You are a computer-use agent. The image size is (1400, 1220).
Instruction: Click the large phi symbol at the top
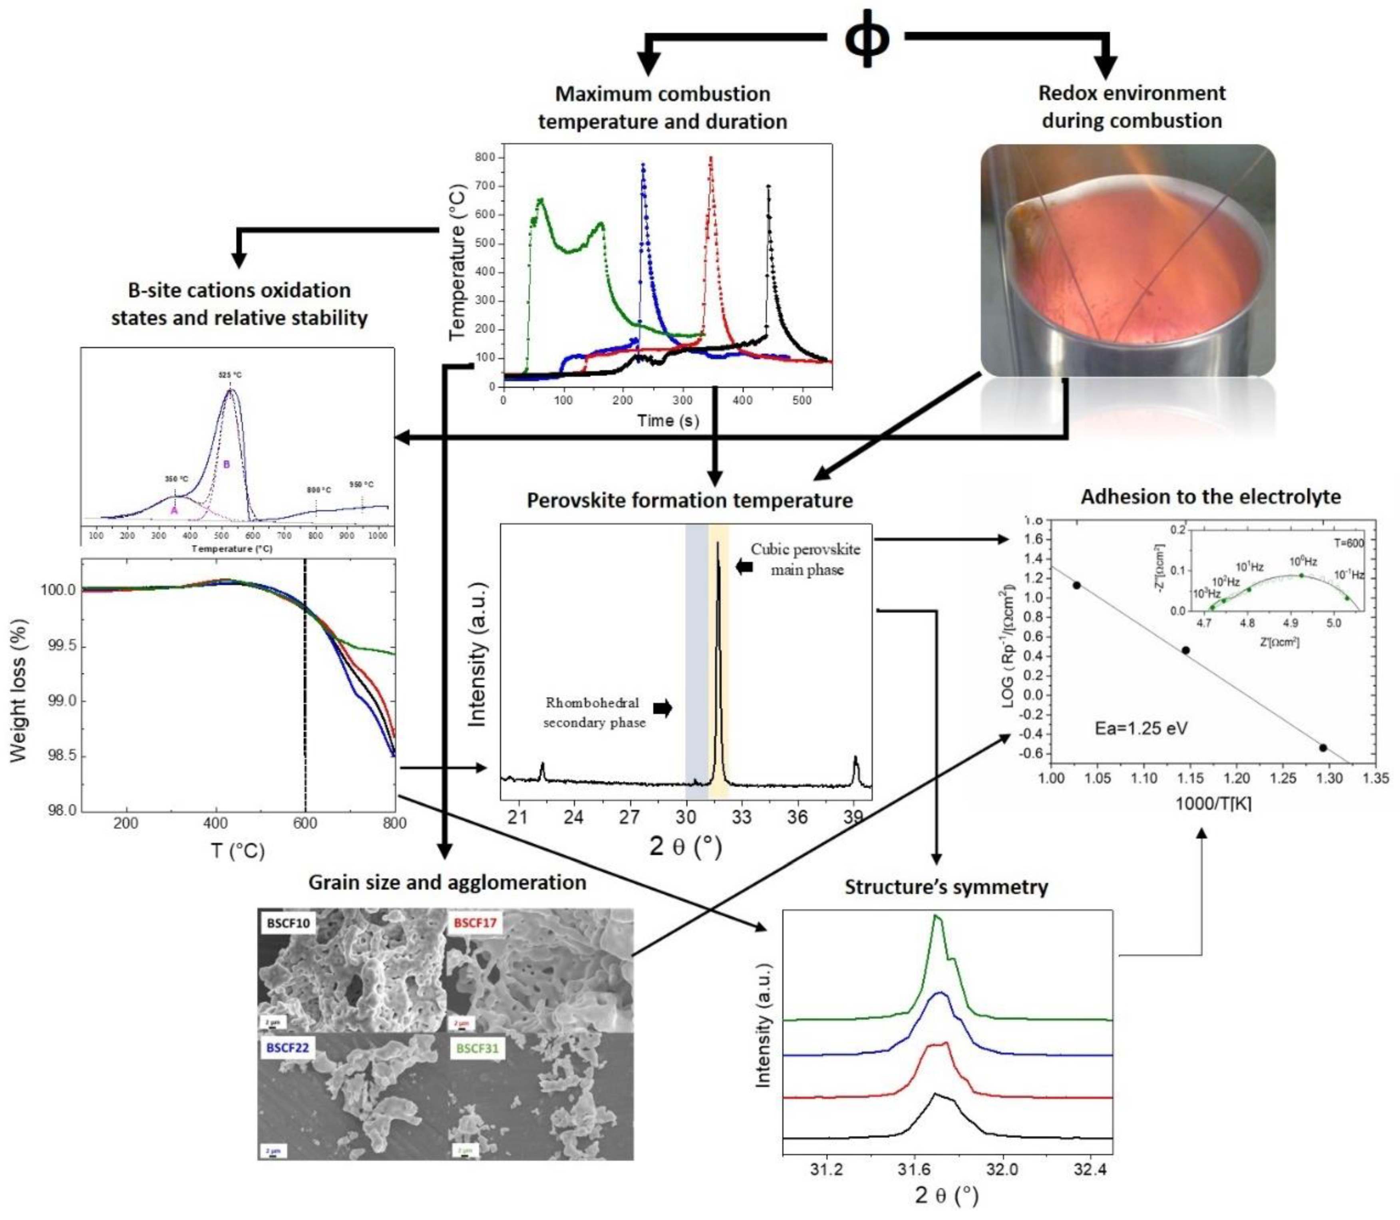866,39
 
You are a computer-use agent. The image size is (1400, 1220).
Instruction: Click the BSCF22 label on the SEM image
287,1047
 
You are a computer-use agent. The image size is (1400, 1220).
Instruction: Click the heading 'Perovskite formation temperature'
689,501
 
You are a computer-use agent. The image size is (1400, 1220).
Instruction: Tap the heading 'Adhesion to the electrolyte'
1211,496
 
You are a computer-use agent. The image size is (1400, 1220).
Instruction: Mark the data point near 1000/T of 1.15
1185,650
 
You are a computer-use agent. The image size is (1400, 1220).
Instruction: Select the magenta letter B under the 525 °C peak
227,464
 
